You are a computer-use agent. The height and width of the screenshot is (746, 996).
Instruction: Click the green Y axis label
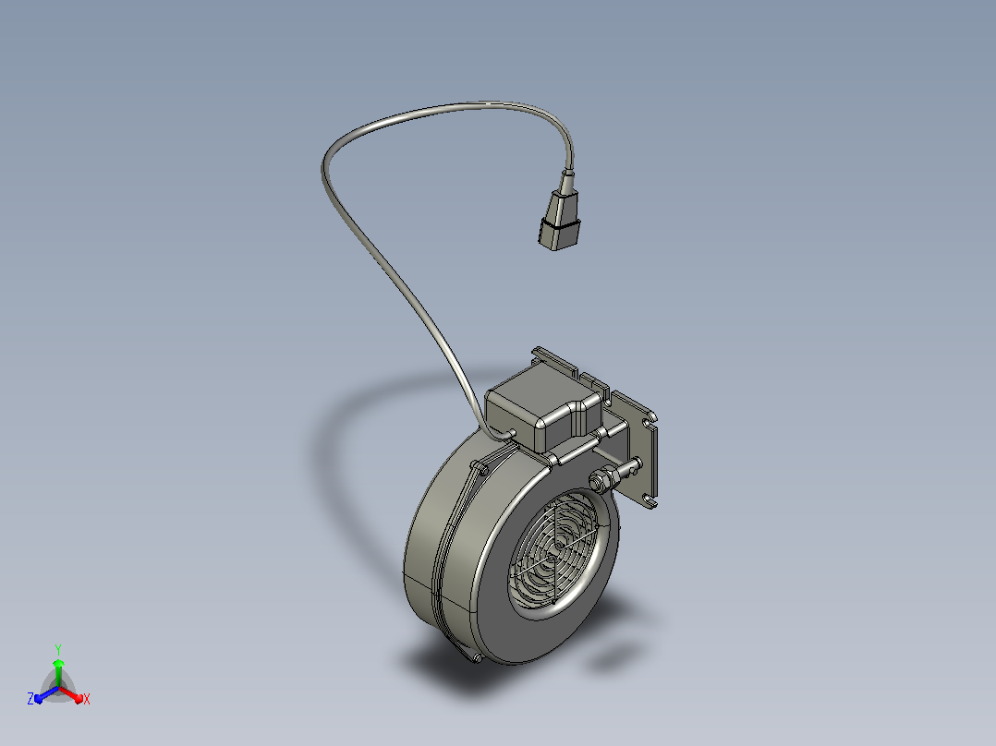tap(58, 650)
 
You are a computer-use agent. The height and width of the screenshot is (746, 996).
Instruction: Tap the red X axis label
tap(87, 699)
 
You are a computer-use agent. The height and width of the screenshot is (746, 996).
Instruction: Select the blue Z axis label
tap(30, 698)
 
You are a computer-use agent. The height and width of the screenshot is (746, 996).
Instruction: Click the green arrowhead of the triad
tap(58, 664)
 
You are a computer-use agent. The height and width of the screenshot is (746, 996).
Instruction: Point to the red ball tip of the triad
tap(79, 698)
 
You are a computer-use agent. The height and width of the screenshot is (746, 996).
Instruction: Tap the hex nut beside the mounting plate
tap(601, 481)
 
